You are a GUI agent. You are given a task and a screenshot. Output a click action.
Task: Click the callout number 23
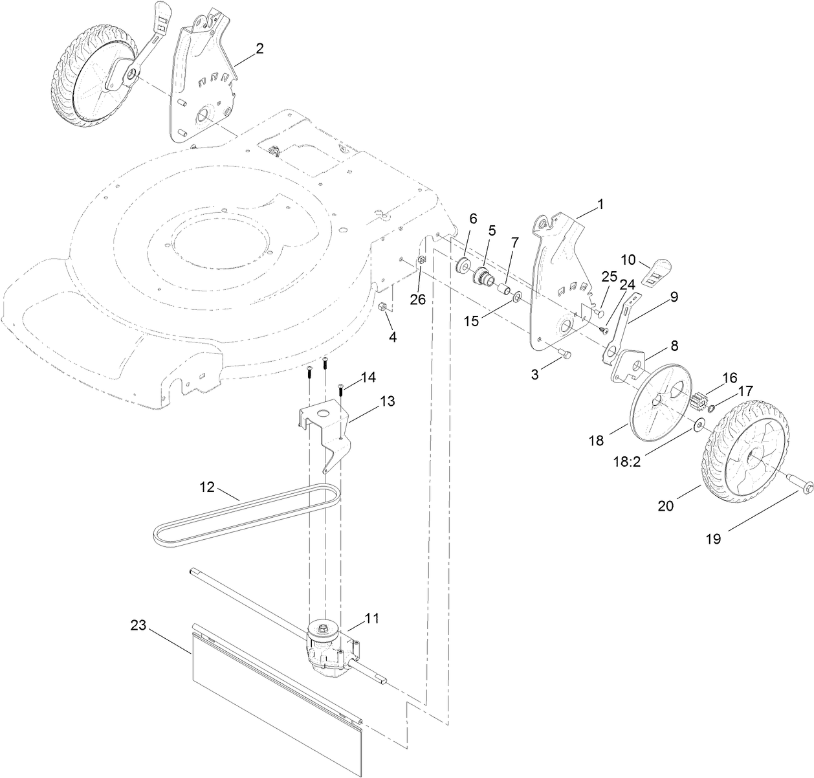[x=138, y=626]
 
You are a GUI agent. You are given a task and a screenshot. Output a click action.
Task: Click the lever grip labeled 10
[x=658, y=270]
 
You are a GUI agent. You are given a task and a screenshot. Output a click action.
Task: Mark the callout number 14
[x=367, y=376]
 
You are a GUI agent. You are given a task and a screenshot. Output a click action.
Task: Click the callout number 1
[x=600, y=203]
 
